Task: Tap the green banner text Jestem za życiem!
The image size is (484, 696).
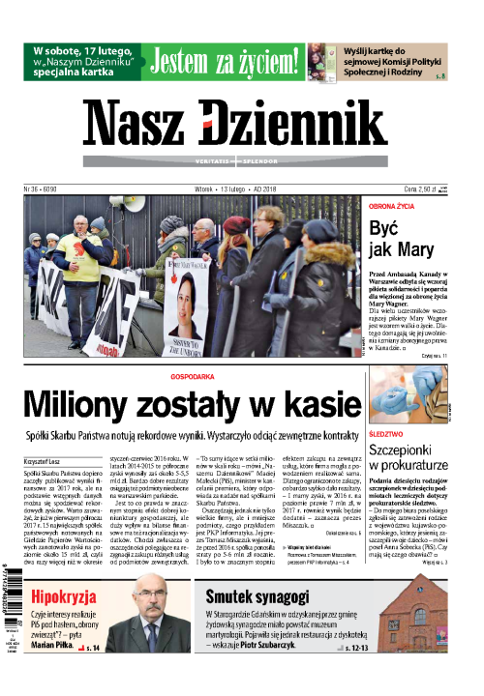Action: [227, 63]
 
